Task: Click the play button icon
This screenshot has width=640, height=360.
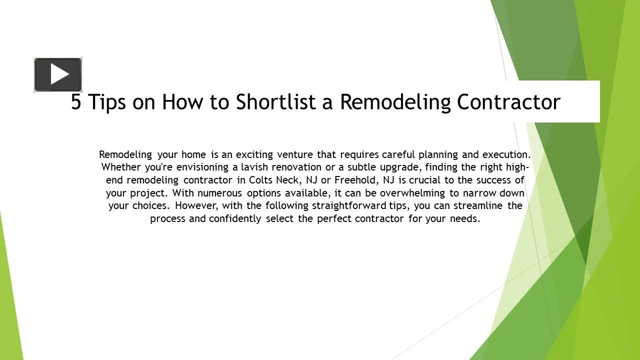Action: click(x=58, y=75)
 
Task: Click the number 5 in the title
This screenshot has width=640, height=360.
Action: click(x=76, y=102)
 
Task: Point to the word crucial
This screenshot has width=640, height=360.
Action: click(x=424, y=180)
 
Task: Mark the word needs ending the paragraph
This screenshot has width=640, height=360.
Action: click(x=465, y=219)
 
